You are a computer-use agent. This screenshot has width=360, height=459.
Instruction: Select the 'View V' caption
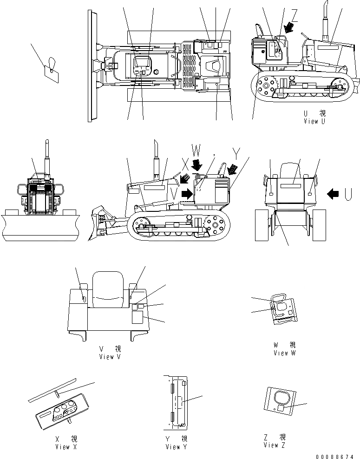click(x=110, y=356)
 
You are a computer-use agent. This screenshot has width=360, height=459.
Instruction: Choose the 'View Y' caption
click(x=176, y=446)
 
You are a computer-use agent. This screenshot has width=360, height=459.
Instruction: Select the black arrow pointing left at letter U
click(x=333, y=194)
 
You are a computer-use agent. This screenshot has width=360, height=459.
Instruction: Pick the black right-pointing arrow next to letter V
click(x=187, y=194)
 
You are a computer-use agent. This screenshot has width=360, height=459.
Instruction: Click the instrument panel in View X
click(x=62, y=410)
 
